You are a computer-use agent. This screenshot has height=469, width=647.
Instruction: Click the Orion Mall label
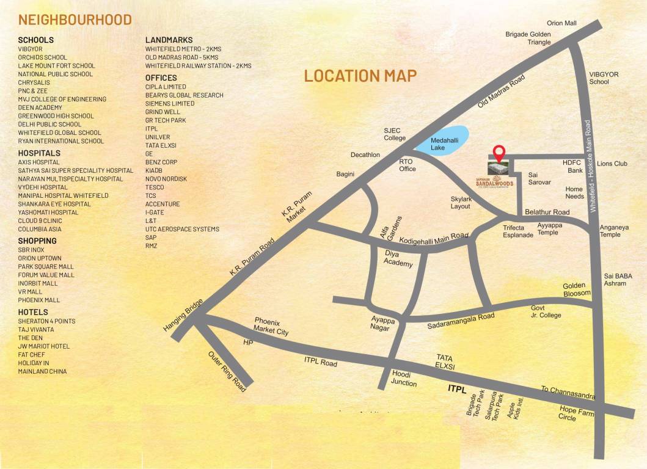(561, 23)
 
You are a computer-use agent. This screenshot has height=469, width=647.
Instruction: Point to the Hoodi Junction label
(404, 379)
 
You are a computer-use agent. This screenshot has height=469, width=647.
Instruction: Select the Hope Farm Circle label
(576, 413)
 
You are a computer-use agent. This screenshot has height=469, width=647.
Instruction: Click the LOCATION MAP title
(360, 76)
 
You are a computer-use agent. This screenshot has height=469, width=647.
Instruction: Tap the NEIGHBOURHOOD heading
(75, 20)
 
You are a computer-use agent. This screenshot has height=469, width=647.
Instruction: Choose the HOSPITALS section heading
(39, 153)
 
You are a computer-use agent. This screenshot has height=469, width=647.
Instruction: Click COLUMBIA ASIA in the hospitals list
(40, 229)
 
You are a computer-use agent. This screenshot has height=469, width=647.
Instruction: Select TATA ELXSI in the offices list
(161, 146)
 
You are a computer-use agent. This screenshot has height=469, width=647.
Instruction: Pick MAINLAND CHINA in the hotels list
(42, 371)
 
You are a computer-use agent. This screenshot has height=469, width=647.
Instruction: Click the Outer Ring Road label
(226, 371)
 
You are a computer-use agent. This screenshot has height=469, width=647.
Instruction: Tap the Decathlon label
(365, 155)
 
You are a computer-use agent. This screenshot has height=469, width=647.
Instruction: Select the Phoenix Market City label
(271, 326)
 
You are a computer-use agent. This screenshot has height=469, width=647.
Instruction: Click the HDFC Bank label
(573, 167)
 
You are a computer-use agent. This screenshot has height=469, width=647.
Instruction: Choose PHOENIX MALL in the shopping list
(38, 300)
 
